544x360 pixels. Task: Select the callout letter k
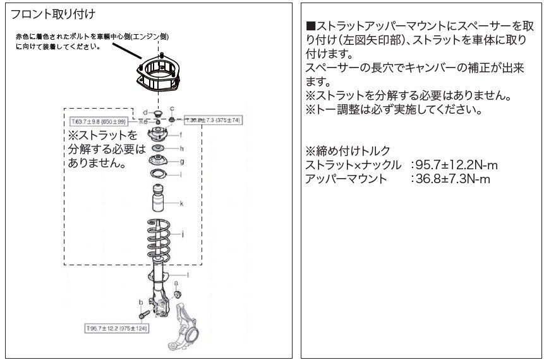tap(181, 203)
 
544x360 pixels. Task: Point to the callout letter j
tap(182, 234)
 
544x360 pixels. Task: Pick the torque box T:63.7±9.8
tap(100, 119)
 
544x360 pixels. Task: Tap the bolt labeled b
tap(142, 313)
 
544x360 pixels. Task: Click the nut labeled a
tap(177, 294)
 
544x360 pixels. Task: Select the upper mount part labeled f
tap(156, 135)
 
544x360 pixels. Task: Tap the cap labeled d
tap(155, 113)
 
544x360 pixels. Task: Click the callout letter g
tap(181, 162)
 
